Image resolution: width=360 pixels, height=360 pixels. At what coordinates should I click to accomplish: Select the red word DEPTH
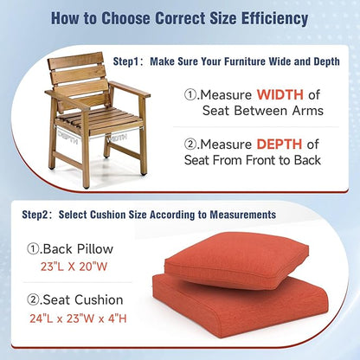tap(279, 143)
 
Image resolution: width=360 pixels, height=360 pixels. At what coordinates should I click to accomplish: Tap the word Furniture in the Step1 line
tap(244, 61)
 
